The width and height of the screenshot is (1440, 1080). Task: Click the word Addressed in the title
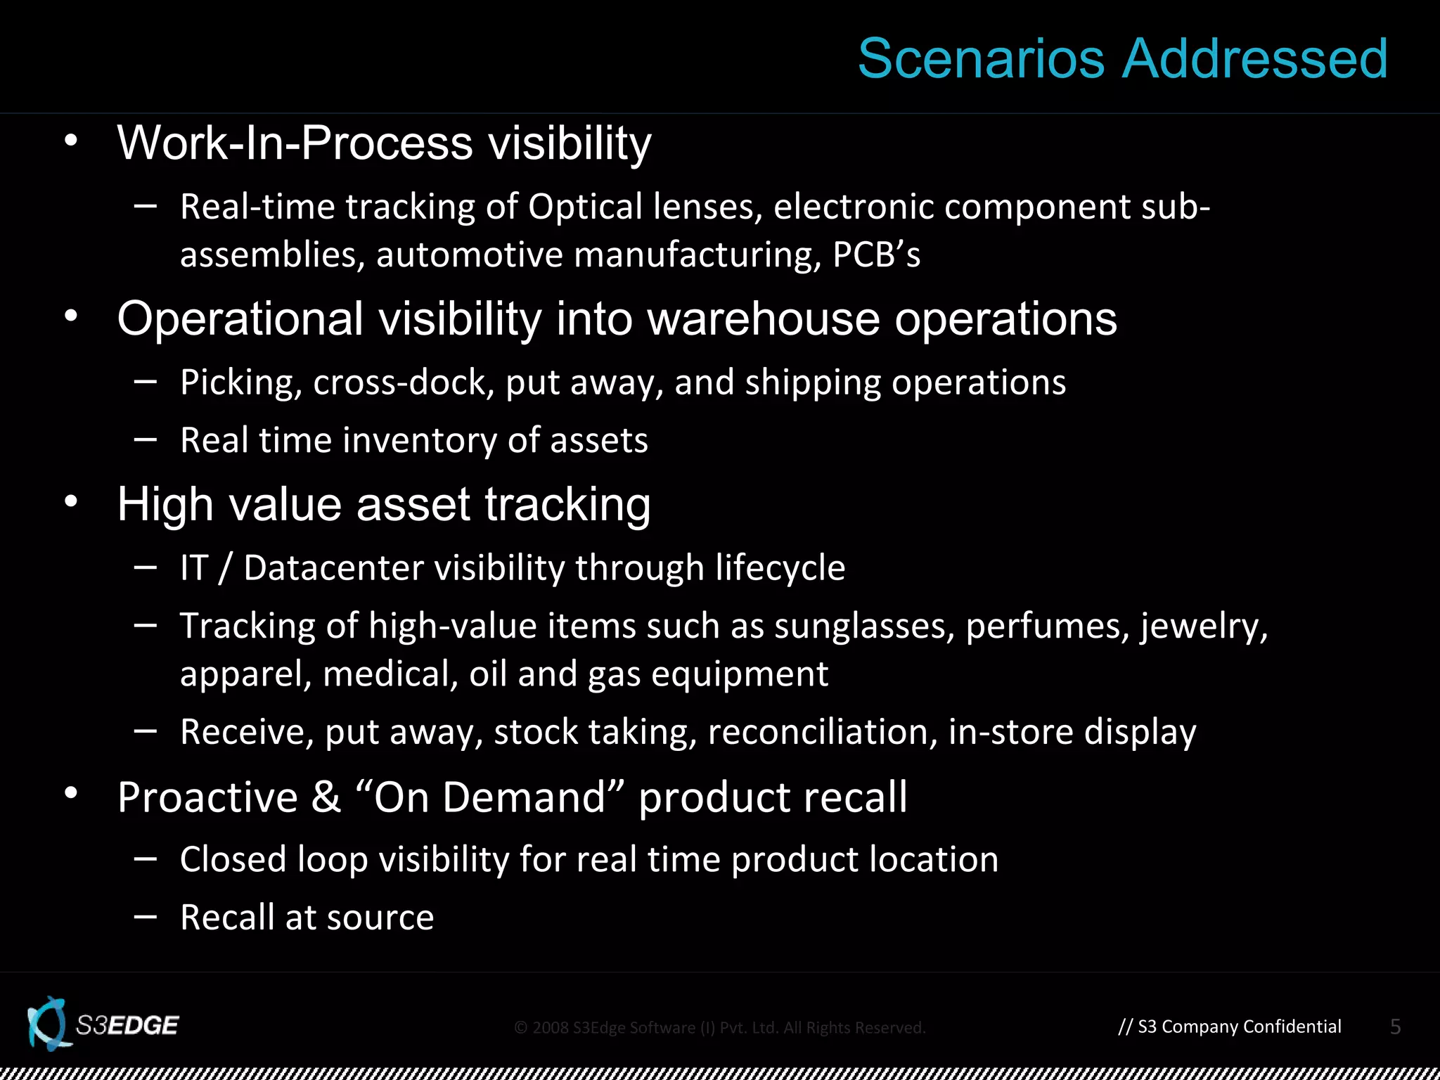[x=1255, y=59]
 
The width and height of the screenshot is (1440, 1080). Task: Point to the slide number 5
[x=1396, y=1027]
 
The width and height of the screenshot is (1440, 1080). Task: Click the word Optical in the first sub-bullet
[x=585, y=207]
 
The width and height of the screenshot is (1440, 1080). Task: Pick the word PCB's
[x=876, y=255]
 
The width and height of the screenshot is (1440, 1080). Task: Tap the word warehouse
[x=763, y=319]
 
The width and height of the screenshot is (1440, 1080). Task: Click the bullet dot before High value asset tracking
[x=71, y=502]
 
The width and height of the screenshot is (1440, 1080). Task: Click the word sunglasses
[x=864, y=626]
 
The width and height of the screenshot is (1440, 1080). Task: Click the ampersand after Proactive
[x=326, y=798]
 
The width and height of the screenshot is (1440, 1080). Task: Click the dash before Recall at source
[x=145, y=917]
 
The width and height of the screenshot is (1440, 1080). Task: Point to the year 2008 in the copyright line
[x=550, y=1028]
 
